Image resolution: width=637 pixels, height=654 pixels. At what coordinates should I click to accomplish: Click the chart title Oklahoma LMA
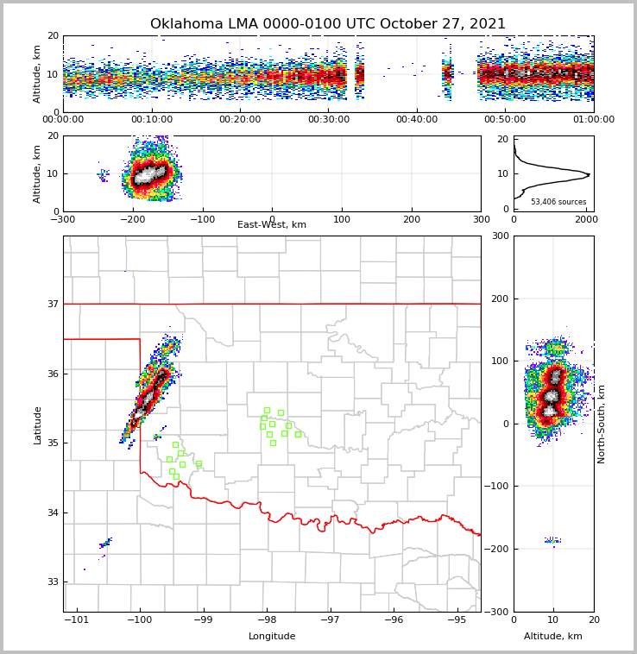pos(328,24)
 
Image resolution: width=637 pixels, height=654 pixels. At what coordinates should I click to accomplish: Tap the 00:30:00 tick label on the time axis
pos(328,120)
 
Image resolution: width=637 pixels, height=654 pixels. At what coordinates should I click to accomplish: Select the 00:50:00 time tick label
pos(505,120)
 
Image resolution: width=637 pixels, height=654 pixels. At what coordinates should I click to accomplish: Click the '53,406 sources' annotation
pos(558,202)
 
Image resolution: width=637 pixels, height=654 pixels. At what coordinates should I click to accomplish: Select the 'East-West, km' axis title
pos(272,225)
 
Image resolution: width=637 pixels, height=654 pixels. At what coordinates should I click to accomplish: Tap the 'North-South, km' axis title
pos(602,424)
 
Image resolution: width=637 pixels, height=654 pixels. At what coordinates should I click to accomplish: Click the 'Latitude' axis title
pos(38,424)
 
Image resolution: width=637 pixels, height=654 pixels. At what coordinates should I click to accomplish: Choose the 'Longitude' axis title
pos(272,637)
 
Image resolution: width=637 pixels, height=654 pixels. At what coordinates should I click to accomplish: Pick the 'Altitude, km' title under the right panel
pos(553,637)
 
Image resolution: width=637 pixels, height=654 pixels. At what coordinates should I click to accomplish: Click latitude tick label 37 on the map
pos(52,304)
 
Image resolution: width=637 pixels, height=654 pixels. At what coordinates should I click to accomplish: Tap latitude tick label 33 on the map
pos(52,582)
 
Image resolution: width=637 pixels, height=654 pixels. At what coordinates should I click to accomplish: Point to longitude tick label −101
pos(77,619)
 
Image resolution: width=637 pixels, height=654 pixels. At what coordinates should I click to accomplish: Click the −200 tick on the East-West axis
pos(132,219)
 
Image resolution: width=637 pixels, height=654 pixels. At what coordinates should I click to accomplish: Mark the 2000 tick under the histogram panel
pos(587,219)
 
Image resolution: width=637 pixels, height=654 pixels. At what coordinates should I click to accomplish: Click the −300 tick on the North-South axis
pos(497,612)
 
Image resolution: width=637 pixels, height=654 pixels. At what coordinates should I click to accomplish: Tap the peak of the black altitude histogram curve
pos(590,174)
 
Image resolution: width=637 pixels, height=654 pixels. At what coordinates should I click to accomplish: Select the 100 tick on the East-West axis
pos(342,219)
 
